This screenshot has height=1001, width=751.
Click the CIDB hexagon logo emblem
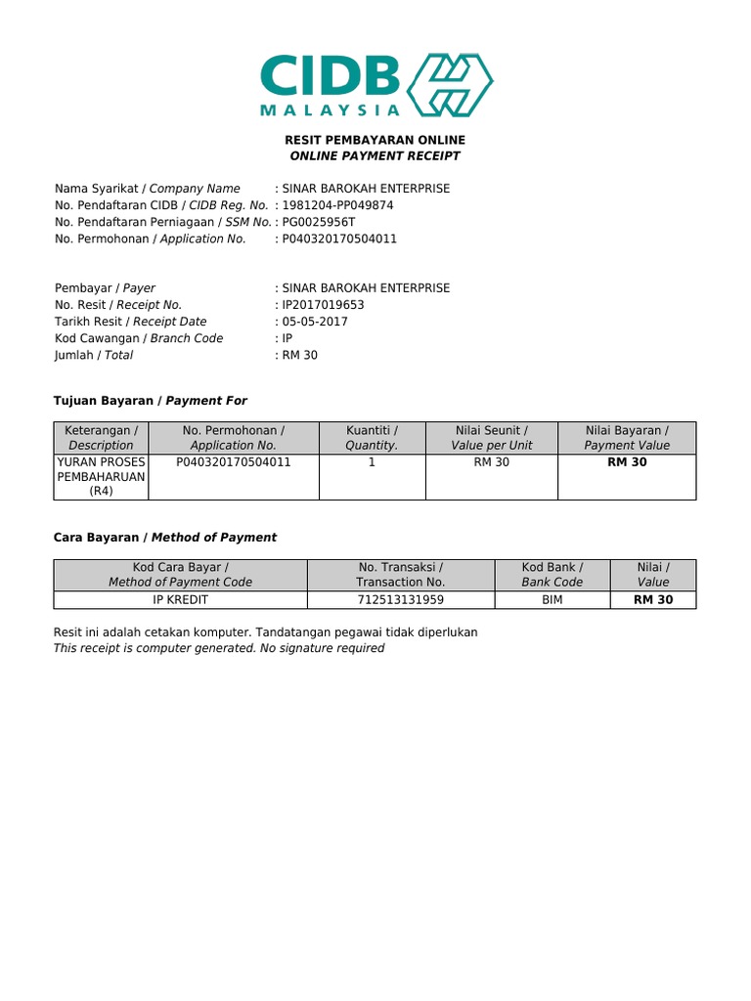click(x=451, y=85)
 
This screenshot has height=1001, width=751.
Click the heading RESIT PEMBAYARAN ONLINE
click(x=375, y=140)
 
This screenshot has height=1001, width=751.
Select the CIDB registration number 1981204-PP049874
click(x=337, y=205)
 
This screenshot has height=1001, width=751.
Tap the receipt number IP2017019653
click(x=323, y=305)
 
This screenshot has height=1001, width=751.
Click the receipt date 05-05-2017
click(x=315, y=322)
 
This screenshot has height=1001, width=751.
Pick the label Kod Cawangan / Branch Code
click(x=139, y=338)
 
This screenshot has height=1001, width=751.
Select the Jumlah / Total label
click(x=94, y=355)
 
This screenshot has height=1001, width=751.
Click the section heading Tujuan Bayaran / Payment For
click(x=149, y=401)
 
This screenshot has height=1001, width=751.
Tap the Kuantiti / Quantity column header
click(x=372, y=437)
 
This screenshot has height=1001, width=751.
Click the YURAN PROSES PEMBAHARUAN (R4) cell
click(x=102, y=476)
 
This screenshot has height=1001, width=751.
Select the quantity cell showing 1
click(x=372, y=462)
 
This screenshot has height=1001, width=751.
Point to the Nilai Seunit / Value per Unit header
click(x=491, y=437)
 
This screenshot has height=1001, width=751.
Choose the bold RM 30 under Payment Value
click(x=627, y=462)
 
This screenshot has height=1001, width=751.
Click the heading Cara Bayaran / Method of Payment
click(x=165, y=538)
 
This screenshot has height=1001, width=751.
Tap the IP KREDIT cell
click(x=180, y=600)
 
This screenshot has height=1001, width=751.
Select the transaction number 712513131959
click(x=400, y=600)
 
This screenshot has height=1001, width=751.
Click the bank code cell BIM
click(x=552, y=600)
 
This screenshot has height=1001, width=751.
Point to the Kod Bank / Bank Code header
click(x=552, y=574)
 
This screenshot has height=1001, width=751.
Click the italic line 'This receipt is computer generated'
click(x=219, y=648)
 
